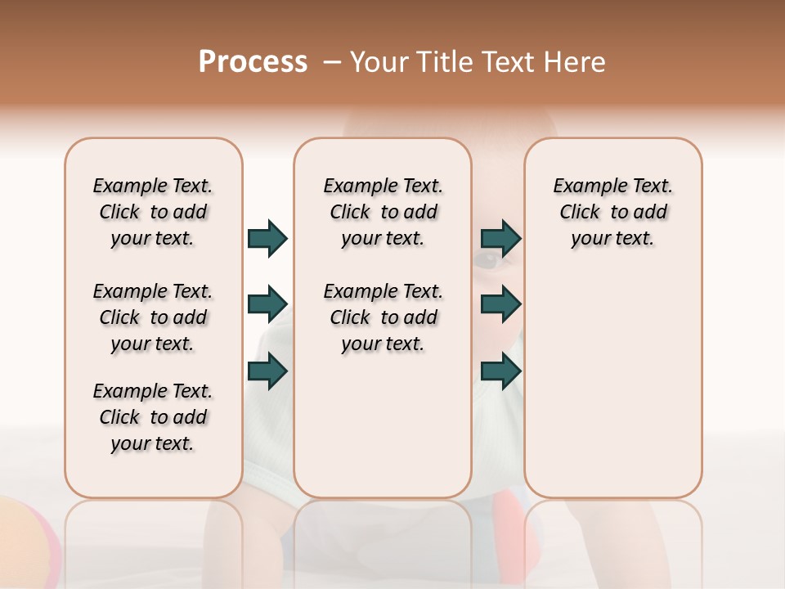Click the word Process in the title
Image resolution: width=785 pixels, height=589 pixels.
click(253, 62)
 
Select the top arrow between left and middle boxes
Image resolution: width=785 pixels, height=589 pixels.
click(267, 238)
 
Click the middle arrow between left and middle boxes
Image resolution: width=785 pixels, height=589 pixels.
click(267, 304)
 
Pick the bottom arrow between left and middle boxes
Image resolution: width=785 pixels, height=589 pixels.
click(267, 371)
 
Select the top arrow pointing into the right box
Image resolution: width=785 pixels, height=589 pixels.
click(500, 238)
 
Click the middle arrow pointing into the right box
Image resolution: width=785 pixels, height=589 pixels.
click(500, 304)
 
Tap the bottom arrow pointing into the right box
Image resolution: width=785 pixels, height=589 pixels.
click(500, 371)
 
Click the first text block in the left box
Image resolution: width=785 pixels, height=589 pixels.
click(153, 212)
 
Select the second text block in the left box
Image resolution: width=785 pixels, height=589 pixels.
click(153, 317)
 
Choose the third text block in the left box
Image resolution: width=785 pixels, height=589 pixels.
click(153, 417)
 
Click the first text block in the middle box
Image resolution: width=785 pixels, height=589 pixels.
click(383, 212)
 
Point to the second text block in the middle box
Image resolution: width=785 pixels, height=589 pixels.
click(383, 317)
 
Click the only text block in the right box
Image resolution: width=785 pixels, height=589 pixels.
click(612, 212)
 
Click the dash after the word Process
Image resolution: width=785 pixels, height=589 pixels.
click(331, 63)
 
